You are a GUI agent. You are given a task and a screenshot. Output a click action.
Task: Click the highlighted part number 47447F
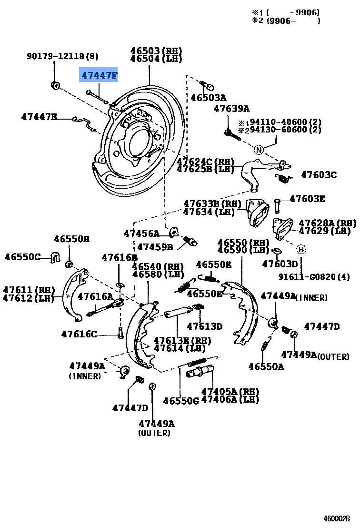click(x=99, y=75)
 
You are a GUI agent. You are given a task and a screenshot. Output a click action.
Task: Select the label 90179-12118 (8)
click(x=62, y=56)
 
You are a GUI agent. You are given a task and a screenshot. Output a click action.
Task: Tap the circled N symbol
click(x=259, y=150)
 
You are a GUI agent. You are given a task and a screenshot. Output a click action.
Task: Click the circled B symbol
click(x=301, y=249)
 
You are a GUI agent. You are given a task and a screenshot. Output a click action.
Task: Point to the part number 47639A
click(x=231, y=109)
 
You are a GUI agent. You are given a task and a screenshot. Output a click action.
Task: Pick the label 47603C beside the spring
click(x=319, y=175)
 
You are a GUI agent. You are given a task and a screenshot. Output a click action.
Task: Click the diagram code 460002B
click(x=337, y=518)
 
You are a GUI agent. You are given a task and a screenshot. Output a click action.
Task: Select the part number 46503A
click(x=208, y=98)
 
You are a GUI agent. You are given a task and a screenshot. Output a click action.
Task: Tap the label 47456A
click(x=141, y=233)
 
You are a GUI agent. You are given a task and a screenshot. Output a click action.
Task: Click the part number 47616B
click(x=119, y=258)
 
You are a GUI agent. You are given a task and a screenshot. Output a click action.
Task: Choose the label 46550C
click(x=23, y=257)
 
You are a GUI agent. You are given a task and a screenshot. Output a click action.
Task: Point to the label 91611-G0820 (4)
click(x=314, y=276)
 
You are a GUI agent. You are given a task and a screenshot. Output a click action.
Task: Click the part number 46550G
click(x=180, y=401)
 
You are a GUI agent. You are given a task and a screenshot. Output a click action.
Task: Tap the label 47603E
click(x=308, y=199)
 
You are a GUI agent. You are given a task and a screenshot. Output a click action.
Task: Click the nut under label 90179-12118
click(x=55, y=85)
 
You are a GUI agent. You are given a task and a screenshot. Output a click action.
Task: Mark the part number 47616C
click(x=79, y=334)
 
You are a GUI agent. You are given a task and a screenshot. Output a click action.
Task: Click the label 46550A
click(x=266, y=366)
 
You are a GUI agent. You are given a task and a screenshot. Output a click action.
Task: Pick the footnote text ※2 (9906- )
click(x=286, y=20)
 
